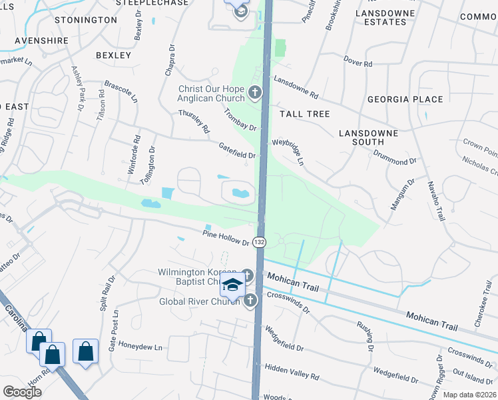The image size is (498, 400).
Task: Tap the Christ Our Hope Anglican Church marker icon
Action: click(x=254, y=93)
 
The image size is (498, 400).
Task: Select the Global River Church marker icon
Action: click(x=250, y=301)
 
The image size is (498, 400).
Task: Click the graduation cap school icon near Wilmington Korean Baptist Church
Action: click(x=232, y=285)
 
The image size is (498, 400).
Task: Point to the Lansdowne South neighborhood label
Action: click(x=368, y=137)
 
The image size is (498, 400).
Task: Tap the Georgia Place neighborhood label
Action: click(x=405, y=99)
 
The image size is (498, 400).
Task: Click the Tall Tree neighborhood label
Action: click(x=305, y=114)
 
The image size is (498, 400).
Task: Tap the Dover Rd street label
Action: click(x=358, y=62)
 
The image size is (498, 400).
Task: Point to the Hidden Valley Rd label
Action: click(x=292, y=371)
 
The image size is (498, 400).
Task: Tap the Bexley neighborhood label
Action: click(x=114, y=55)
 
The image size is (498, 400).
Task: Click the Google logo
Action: click(x=22, y=391)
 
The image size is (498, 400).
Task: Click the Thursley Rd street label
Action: click(x=194, y=121)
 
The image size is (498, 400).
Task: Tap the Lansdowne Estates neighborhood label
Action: click(x=381, y=17)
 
